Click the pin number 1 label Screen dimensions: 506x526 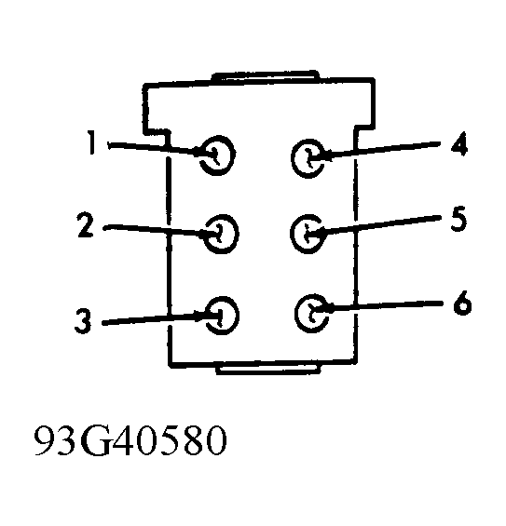[91, 142]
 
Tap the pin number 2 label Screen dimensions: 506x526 [86, 224]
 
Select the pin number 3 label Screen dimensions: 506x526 [83, 320]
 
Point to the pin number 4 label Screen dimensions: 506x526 [459, 143]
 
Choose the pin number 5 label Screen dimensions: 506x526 [458, 219]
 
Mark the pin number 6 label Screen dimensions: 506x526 [462, 303]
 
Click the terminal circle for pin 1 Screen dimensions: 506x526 [232, 155]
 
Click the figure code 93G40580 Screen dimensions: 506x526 [130, 440]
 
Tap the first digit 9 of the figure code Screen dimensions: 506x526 [45, 440]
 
